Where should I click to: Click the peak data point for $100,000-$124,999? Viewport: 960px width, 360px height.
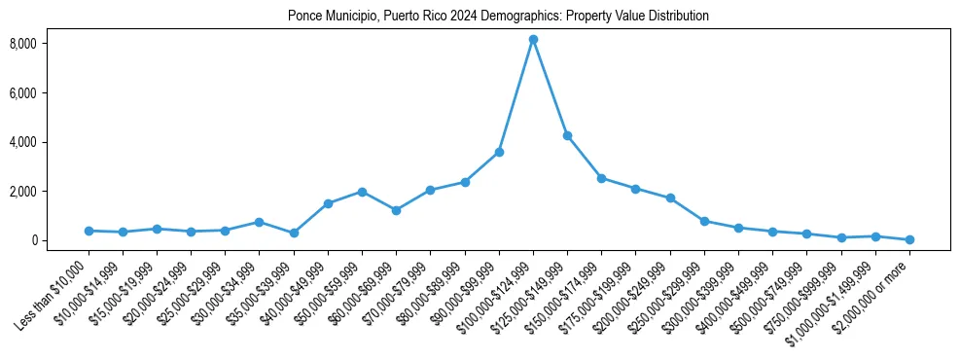point(533,40)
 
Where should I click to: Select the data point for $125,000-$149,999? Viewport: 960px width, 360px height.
point(567,136)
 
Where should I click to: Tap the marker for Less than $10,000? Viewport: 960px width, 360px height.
point(89,231)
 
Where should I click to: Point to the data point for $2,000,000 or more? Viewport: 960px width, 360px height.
point(909,239)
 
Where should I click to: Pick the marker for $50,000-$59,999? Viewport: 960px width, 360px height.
point(362,192)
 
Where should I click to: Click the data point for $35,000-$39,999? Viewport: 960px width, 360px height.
point(294,233)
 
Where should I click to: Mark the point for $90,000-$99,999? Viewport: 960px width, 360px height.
point(499,152)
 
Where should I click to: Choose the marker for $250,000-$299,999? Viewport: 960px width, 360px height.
point(704,221)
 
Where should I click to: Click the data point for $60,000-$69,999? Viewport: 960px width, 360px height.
point(396,210)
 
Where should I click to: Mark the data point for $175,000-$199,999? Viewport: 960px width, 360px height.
point(635,189)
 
